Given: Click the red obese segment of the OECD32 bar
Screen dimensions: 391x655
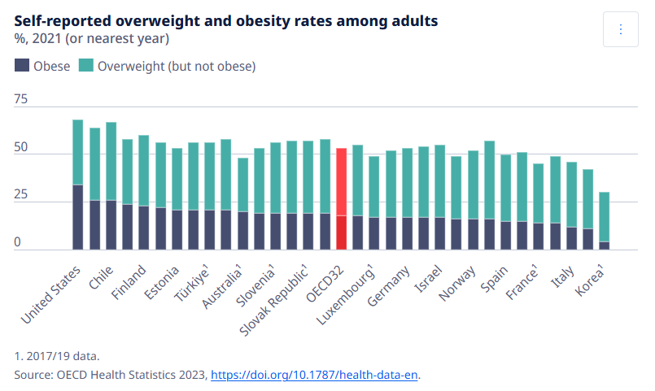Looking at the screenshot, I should (x=342, y=232).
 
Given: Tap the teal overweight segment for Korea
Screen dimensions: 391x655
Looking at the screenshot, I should (x=605, y=217).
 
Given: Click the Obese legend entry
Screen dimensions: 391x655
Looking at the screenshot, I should (x=42, y=67).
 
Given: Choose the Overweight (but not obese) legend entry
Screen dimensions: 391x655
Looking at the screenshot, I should (x=167, y=67).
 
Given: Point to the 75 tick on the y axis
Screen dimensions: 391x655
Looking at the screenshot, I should (x=20, y=99).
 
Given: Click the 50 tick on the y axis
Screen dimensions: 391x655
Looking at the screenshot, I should (x=20, y=148).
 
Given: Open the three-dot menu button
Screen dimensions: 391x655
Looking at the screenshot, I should (x=621, y=29).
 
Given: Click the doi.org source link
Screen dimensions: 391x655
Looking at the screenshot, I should (x=315, y=375).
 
